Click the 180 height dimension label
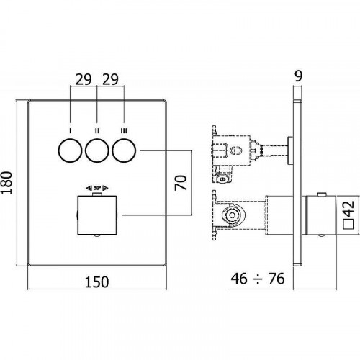click(x=6, y=183)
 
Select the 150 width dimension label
click(x=97, y=282)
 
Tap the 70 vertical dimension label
click(x=181, y=183)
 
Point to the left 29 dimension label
click(x=84, y=79)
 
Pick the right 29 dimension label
click(x=110, y=79)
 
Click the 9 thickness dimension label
click(x=298, y=76)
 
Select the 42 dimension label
click(x=349, y=208)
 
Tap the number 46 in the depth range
click(x=239, y=279)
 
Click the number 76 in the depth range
click(x=276, y=279)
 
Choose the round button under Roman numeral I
click(x=70, y=150)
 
